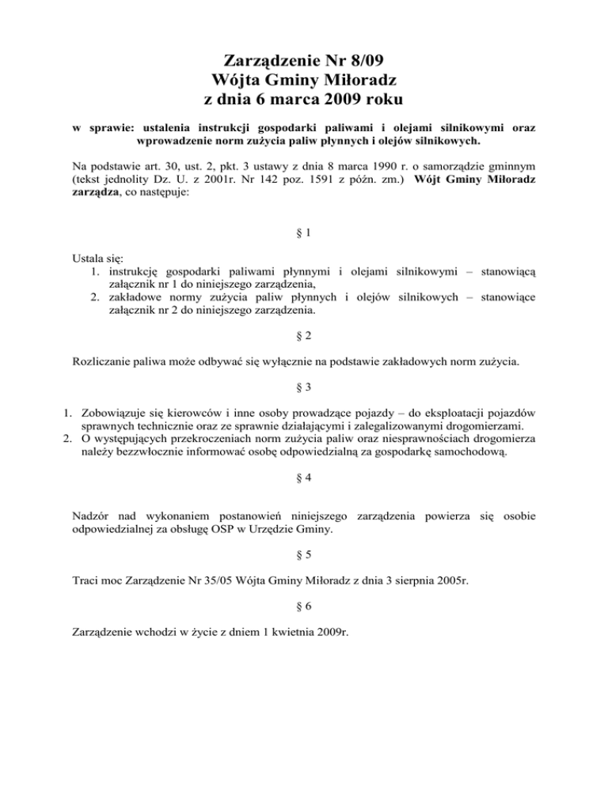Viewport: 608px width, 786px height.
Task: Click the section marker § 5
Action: [303, 556]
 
